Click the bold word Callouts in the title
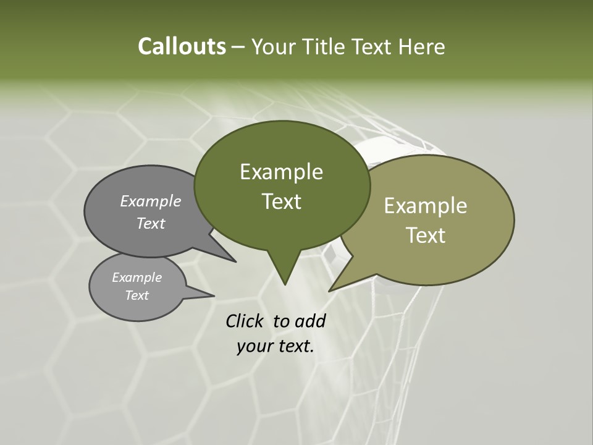(182, 46)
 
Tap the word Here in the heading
(422, 46)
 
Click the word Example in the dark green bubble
(281, 172)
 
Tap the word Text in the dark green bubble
(281, 201)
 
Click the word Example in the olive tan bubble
(426, 206)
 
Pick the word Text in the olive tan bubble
(426, 235)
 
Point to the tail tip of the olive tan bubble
(330, 290)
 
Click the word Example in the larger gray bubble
(150, 201)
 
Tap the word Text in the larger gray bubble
(150, 223)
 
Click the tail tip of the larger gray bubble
(236, 261)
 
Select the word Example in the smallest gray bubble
(137, 278)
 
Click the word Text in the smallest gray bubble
(137, 295)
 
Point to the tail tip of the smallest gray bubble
(214, 295)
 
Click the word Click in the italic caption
(245, 321)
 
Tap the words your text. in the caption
(275, 346)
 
